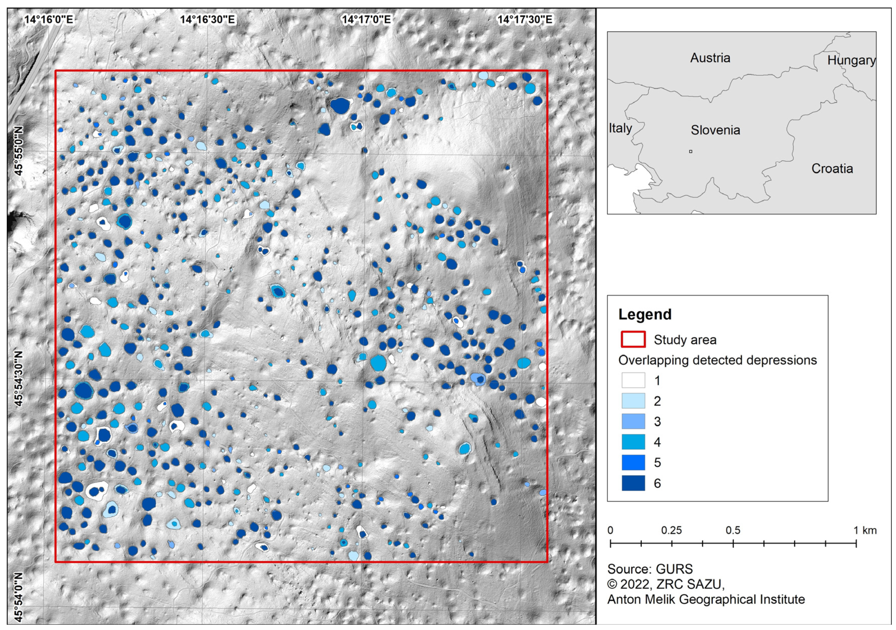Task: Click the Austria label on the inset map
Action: [710, 58]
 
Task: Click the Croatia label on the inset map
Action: [832, 169]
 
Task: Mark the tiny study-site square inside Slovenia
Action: [691, 151]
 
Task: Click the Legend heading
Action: [645, 314]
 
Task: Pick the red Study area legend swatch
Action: [633, 339]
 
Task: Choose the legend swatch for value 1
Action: [633, 380]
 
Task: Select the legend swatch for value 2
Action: [633, 401]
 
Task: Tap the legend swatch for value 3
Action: [633, 422]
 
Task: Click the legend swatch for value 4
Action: [633, 442]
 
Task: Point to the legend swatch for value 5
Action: [633, 463]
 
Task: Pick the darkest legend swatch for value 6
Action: [633, 483]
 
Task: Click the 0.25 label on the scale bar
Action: [671, 531]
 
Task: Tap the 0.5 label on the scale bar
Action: [733, 531]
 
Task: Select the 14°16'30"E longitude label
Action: [207, 20]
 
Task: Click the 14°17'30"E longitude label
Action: [525, 20]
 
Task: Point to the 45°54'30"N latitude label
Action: [19, 378]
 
